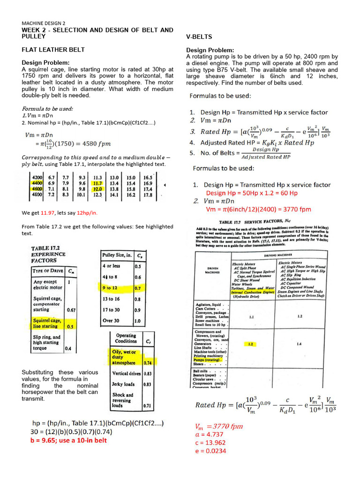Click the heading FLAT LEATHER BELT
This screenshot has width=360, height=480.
53,49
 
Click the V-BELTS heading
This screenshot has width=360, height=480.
200,37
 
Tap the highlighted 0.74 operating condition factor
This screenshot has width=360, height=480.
148,363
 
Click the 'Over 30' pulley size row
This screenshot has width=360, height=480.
111,321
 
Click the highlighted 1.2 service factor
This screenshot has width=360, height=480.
251,344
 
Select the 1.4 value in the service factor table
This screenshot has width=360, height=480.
299,344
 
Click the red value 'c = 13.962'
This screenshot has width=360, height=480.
210,442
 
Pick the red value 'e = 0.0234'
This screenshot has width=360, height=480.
210,450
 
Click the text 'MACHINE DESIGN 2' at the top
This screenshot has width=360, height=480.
44,23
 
